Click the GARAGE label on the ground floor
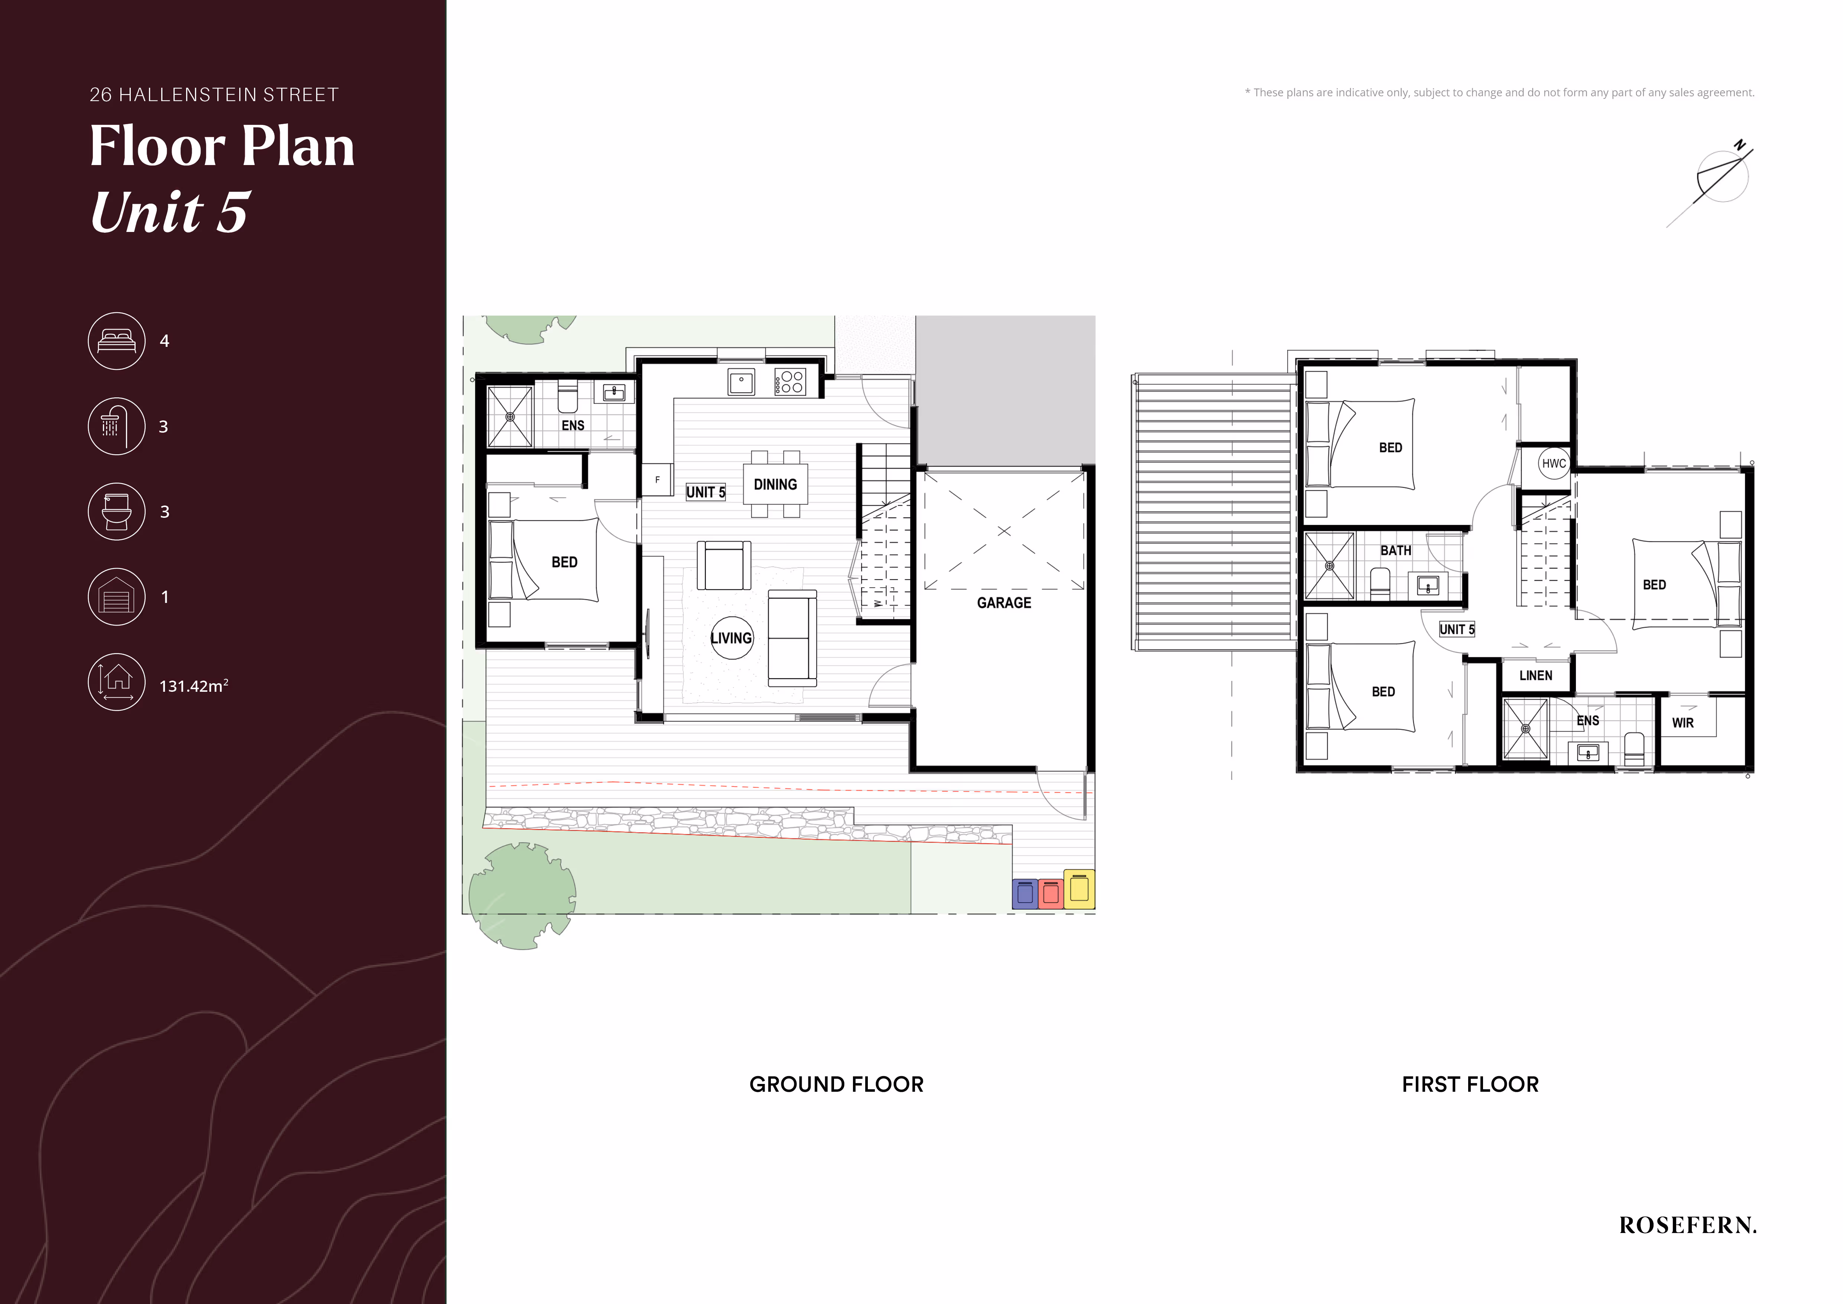[1004, 603]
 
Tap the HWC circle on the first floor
[1554, 463]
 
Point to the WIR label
[1683, 723]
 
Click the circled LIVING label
[732, 638]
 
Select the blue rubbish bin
[1025, 893]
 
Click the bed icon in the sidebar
[116, 341]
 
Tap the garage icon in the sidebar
[116, 597]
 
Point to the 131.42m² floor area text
[194, 686]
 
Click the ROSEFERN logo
[1687, 1225]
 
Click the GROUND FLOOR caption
[836, 1084]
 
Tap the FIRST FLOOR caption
[1470, 1084]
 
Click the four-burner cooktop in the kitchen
[790, 382]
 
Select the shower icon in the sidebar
[116, 426]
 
